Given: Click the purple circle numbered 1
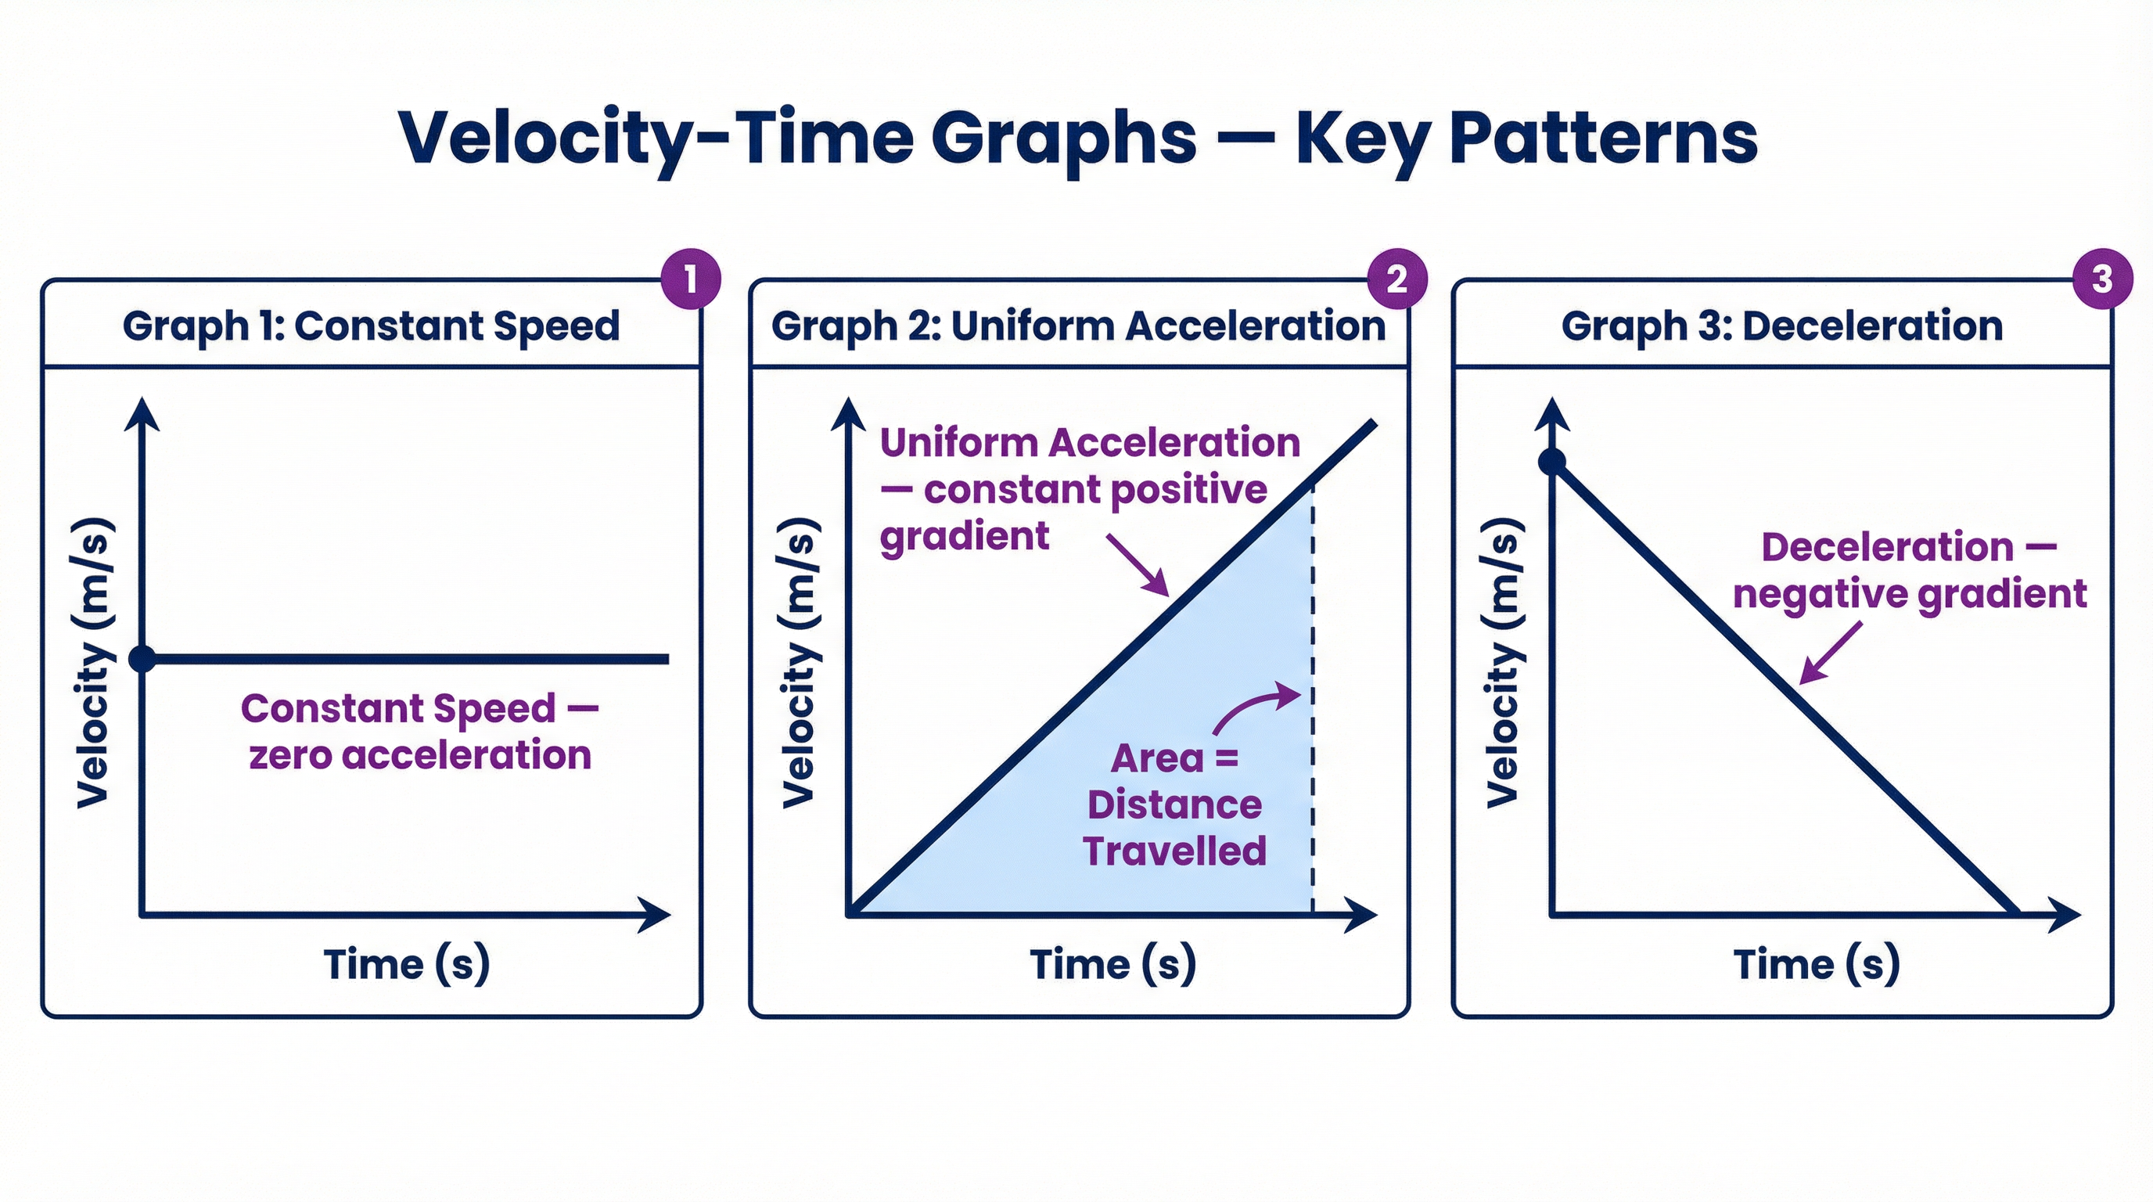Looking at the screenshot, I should [690, 279].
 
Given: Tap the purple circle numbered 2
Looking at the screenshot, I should [1396, 279].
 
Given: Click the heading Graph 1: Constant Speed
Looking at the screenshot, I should [371, 326].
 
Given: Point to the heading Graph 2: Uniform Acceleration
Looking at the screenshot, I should [1078, 326].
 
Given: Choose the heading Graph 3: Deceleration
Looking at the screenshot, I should [1782, 326].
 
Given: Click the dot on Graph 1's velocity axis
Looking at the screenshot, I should [143, 659].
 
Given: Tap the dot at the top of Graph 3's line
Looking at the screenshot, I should [1552, 462].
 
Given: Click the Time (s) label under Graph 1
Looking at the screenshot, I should [406, 964].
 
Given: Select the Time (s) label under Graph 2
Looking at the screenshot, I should [1112, 964].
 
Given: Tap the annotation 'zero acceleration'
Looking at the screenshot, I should [420, 755].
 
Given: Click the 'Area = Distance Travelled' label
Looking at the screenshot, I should [1174, 804].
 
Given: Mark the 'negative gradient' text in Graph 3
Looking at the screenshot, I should [1910, 594].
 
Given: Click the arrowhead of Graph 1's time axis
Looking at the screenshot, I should [656, 915].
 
